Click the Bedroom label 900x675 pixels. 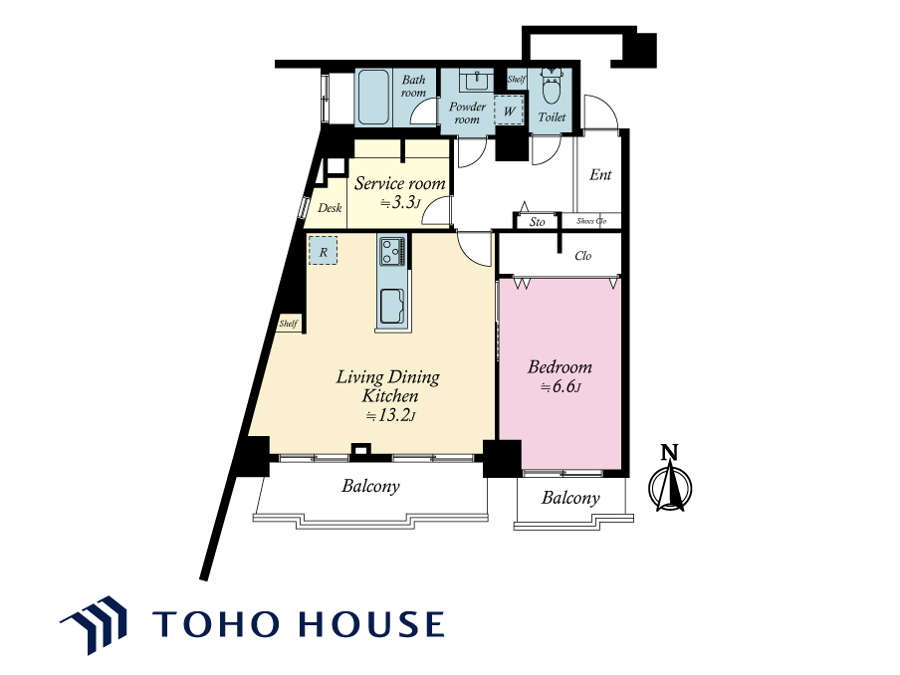pos(560,367)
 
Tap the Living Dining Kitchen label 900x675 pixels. pos(388,386)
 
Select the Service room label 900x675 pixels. pos(399,183)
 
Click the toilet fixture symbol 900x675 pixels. pos(552,86)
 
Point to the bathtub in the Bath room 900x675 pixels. pos(374,98)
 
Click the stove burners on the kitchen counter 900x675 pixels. pos(392,251)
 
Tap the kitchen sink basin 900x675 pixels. pos(392,307)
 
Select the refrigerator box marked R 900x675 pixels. pos(324,251)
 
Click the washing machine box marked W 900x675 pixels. pos(509,111)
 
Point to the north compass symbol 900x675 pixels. pos(670,479)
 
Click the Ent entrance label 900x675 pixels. pos(600,174)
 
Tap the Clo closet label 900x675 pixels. pos(583,256)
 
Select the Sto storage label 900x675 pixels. pos(538,222)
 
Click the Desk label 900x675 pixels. pos(330,208)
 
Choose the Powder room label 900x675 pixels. pos(467,113)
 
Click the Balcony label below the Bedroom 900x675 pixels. pos(570,498)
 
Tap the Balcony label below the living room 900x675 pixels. pos(370,486)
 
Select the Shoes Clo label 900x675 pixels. pos(591,221)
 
